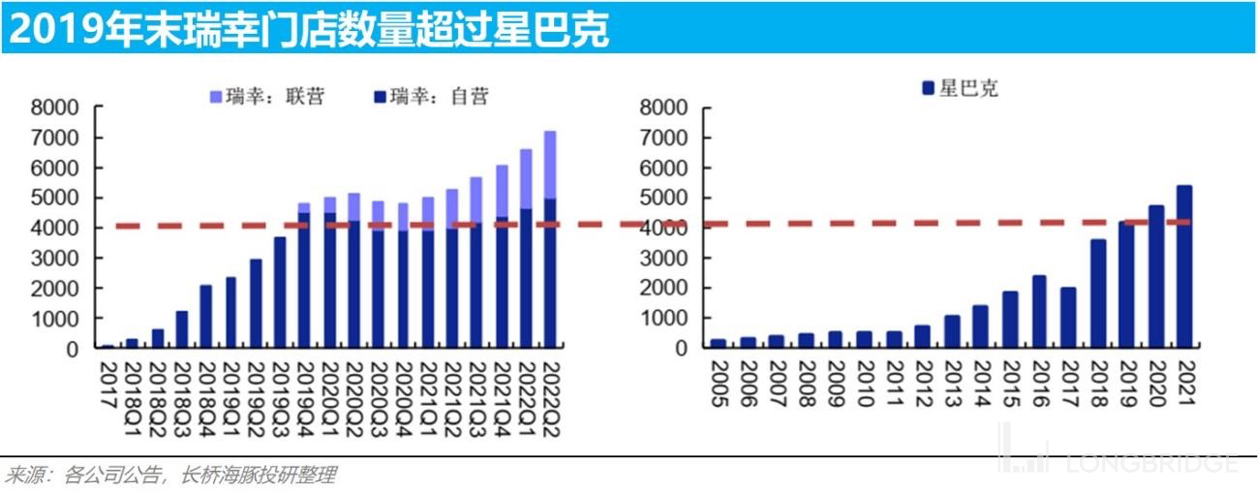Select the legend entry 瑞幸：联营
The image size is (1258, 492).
(x=266, y=96)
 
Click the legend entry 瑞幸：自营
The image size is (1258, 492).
(x=430, y=96)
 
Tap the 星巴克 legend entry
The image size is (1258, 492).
(x=959, y=89)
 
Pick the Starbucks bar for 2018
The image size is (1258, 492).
(x=1098, y=292)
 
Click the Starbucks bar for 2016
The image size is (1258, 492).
(x=1040, y=311)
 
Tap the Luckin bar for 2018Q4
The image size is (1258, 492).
(x=206, y=316)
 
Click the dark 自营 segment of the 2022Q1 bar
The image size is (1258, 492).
(x=526, y=277)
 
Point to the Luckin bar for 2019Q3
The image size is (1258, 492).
(x=280, y=292)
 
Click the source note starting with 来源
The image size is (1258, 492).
(x=170, y=476)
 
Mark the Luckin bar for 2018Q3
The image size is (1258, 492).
(x=181, y=329)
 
